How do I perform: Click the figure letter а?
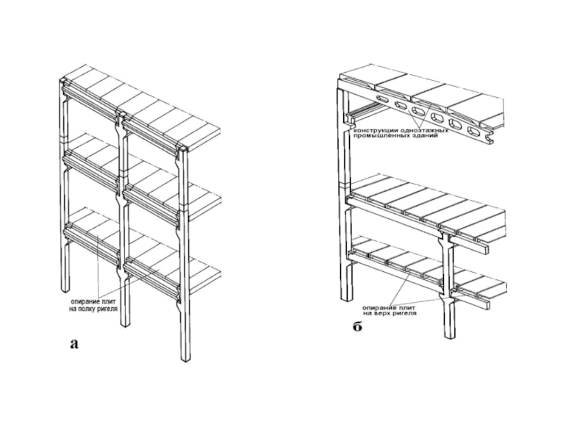pos(73,342)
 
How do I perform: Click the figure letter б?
pos(356,326)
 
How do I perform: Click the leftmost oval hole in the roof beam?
pos(380,98)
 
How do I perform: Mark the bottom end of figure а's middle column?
pos(126,323)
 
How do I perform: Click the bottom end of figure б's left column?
pos(345,297)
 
